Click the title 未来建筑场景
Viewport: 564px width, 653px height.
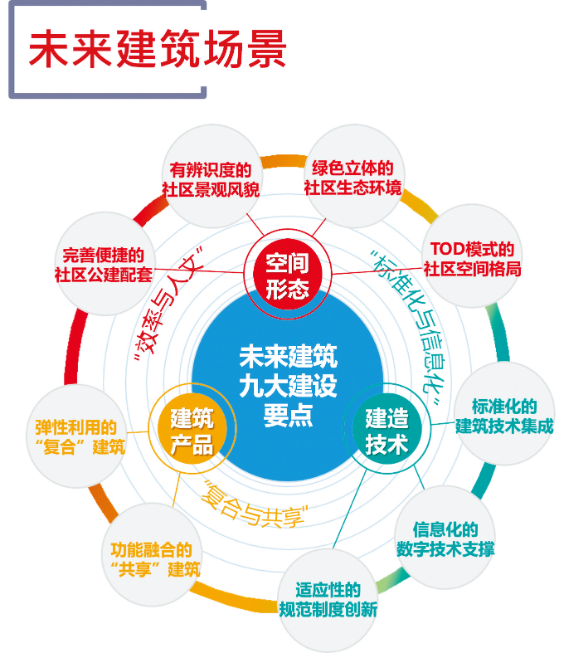158,51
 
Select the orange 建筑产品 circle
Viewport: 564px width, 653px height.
192,431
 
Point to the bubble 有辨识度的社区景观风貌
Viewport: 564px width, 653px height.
210,179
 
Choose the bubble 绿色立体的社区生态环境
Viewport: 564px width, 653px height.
352,177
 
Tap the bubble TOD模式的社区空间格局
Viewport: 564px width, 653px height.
472,259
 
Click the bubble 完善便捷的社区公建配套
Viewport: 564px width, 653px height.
106,264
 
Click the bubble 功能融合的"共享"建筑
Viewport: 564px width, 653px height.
154,560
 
